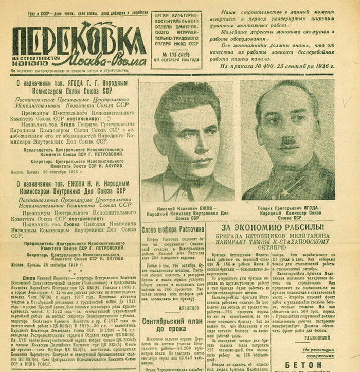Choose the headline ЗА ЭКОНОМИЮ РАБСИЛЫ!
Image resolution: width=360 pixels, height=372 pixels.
[x=273, y=227]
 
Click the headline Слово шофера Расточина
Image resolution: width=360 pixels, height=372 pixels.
[x=173, y=228]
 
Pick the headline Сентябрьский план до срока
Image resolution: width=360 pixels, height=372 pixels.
[x=173, y=324]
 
